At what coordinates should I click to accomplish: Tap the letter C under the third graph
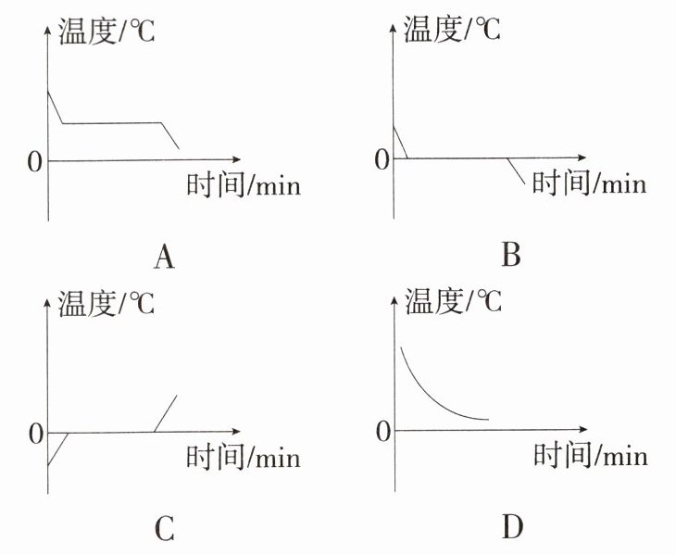pos(163,529)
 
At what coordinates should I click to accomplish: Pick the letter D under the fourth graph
pos(512,528)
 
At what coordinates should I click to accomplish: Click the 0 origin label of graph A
pos(35,162)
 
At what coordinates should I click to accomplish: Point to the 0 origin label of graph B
pos(382,160)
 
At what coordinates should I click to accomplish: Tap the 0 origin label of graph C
pos(35,434)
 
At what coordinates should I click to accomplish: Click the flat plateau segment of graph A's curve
pos(111,122)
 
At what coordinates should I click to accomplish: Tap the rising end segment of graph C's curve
pos(166,413)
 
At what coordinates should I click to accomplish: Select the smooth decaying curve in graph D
pos(426,389)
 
